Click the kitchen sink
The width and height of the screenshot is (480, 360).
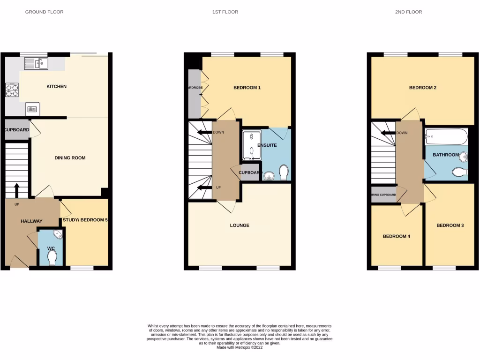coord(36,63)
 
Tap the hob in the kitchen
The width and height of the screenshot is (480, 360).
coord(12,90)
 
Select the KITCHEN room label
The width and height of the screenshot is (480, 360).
coord(56,87)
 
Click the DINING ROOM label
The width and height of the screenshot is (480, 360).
coord(70,158)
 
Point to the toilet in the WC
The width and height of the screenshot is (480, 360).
coord(52,256)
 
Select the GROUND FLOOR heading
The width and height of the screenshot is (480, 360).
coord(44,12)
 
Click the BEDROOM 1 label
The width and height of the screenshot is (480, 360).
coord(247,88)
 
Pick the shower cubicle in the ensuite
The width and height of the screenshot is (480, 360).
coord(252,146)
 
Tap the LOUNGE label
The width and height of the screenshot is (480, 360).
coord(240,225)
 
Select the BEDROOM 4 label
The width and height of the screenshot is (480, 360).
coord(397,236)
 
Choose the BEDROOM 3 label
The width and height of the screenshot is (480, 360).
coord(450,225)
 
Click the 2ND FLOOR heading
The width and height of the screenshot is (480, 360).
coord(408,12)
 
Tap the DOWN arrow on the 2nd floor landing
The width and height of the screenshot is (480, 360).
coord(388,133)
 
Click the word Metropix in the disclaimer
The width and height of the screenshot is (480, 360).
coord(246,348)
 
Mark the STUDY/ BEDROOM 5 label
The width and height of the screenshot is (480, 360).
coord(85,219)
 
